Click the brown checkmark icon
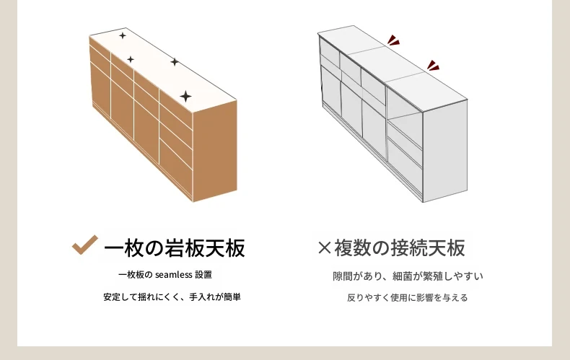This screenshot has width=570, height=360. pos(84,245)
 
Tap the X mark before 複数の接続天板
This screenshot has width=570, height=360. pos(324,248)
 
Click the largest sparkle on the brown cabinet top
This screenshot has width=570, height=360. pos(185,97)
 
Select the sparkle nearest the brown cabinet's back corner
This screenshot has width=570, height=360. pos(123,35)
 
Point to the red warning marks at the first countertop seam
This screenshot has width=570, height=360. pos(393,40)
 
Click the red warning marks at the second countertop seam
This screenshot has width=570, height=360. pos(434,66)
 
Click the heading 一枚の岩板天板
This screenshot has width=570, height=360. pos(175,248)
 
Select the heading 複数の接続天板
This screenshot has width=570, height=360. pos(400,248)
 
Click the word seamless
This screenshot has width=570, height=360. pos(173,275)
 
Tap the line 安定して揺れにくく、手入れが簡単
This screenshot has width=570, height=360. pos(172,297)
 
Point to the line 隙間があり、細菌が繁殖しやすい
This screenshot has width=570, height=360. pos(408,276)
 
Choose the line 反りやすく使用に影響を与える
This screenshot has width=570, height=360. pos(407,298)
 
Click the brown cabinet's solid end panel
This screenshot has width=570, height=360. pos(215,151)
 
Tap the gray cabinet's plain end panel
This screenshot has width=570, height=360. pos(445,152)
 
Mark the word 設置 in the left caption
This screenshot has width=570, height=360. pos(203,275)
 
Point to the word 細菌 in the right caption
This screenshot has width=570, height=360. pos(403,276)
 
